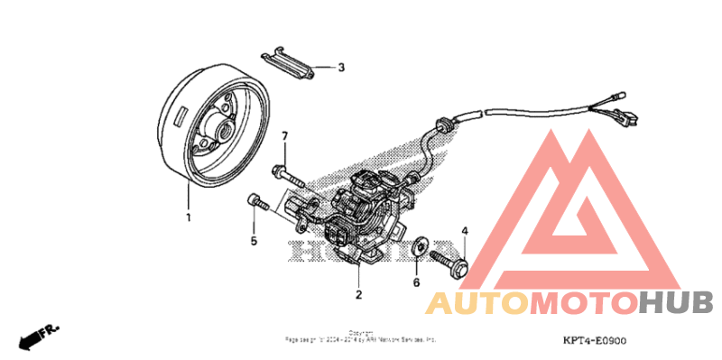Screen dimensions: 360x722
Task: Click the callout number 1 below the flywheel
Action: click(x=189, y=217)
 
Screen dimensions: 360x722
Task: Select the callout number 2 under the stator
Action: click(x=358, y=294)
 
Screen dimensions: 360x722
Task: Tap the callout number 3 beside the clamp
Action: click(x=341, y=68)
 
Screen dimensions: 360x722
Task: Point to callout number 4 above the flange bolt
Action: click(x=465, y=232)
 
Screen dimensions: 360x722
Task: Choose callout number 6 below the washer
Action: click(x=416, y=282)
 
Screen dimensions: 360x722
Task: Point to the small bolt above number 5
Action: click(x=258, y=204)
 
